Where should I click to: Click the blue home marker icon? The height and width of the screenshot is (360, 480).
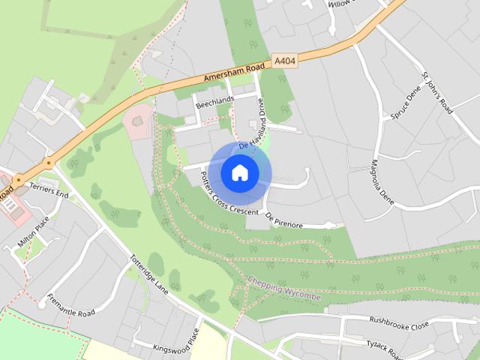tap(239, 172)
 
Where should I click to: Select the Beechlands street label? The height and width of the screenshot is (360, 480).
tap(215, 103)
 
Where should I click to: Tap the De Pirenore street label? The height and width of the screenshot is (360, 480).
tap(284, 220)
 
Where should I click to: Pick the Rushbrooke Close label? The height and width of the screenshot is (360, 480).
tap(398, 322)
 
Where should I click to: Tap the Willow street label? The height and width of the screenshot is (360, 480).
tap(341, 4)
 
